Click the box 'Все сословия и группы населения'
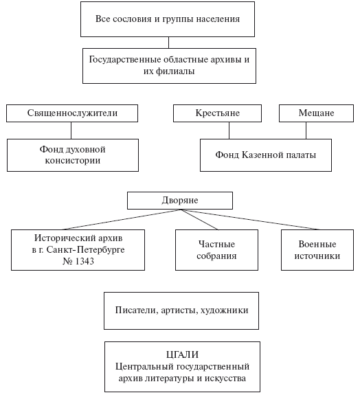(168, 19)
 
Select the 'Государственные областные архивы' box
(169, 66)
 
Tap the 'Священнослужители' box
(72, 113)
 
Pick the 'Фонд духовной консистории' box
(73, 155)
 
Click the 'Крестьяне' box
(217, 113)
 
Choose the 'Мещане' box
(316, 113)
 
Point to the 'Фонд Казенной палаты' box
(266, 155)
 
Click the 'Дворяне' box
(180, 201)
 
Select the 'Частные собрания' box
(216, 250)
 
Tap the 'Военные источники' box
(317, 250)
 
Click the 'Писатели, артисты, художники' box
(181, 311)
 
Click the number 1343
(85, 261)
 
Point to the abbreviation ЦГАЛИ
(182, 354)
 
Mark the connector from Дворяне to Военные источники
(249, 219)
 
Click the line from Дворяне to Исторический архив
(122, 219)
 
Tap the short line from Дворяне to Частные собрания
(199, 219)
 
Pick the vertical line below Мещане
(306, 131)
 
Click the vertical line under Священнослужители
(71, 131)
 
